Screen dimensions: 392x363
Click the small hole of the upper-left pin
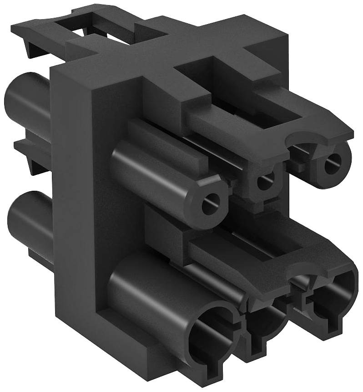pyautogui.click(x=211, y=200)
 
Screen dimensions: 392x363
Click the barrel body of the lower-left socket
pyautogui.click(x=146, y=291)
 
